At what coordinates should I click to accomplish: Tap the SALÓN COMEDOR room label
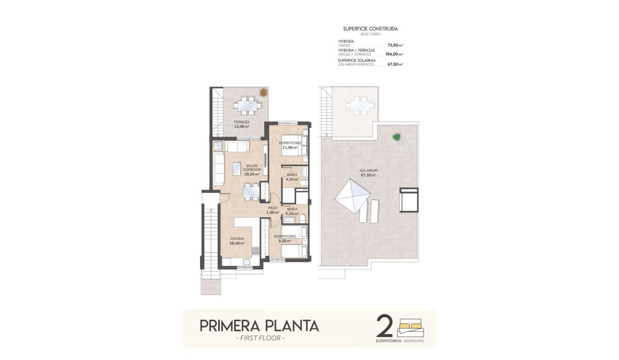pos(252,170)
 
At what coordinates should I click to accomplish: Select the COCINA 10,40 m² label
pos(237,241)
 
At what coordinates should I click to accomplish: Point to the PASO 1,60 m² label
pos(272,210)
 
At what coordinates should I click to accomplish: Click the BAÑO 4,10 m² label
pos(291,177)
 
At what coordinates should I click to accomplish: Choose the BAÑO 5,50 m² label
pos(291,211)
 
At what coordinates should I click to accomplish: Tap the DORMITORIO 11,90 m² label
pos(290,145)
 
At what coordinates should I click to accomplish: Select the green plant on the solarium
pos(396,137)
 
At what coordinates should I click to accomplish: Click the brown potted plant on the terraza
pos(263,92)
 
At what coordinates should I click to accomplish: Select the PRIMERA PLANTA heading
pos(259,326)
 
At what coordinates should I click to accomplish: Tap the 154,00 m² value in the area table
pos(394,54)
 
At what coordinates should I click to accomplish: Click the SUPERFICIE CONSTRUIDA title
pos(370,29)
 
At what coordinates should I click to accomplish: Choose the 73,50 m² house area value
pos(395,45)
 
